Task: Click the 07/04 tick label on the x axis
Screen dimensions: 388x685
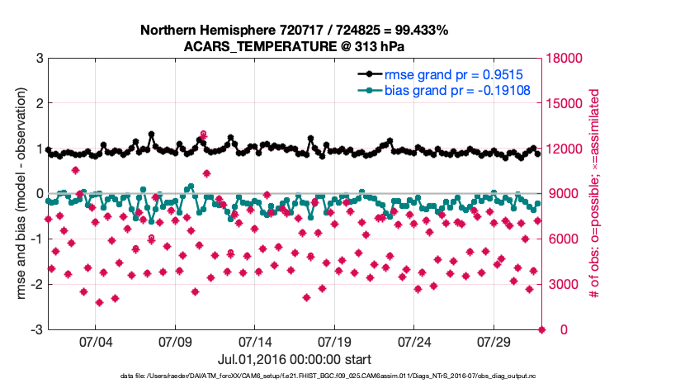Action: click(x=95, y=342)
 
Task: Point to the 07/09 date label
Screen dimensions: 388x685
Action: click(x=175, y=342)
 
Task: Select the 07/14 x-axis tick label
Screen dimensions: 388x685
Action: click(x=255, y=342)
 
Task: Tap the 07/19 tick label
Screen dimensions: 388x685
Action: click(x=335, y=342)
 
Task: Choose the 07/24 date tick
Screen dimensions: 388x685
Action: click(x=415, y=342)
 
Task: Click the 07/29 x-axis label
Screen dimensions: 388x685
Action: click(x=494, y=342)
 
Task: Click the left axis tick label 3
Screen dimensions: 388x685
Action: click(x=39, y=59)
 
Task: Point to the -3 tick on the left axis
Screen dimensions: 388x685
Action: click(x=36, y=330)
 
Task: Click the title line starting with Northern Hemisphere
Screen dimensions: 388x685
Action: click(x=294, y=31)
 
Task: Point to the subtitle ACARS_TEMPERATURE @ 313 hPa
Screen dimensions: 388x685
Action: click(x=294, y=46)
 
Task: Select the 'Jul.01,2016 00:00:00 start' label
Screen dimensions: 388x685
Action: click(x=294, y=359)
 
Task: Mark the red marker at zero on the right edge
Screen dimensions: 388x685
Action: click(x=541, y=330)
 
